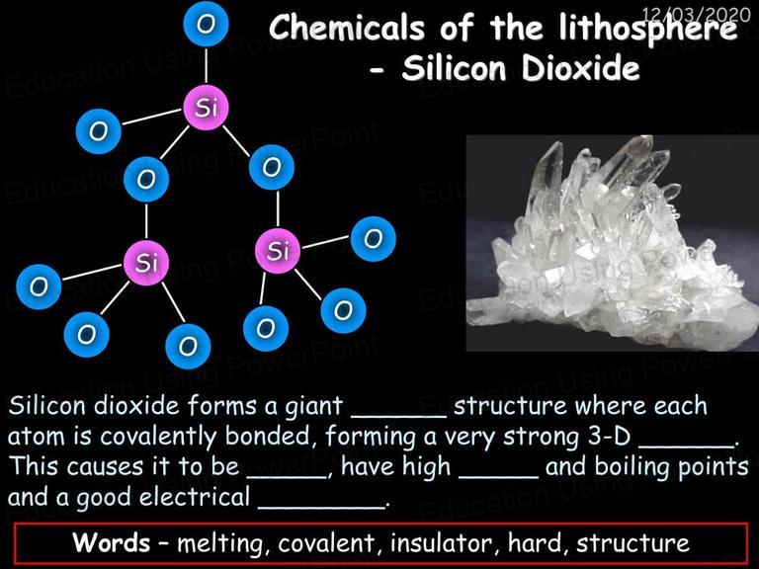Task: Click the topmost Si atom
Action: point(207,108)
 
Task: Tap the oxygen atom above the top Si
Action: point(207,24)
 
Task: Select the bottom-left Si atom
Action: point(146,263)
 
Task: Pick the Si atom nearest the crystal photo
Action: point(278,251)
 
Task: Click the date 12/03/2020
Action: point(696,15)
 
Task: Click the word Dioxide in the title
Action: point(580,68)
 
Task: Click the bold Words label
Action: point(112,542)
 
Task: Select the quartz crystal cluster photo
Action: point(613,243)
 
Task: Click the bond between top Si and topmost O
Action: point(207,65)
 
